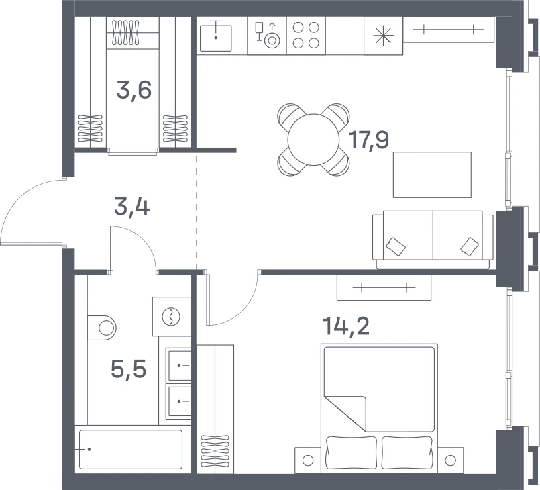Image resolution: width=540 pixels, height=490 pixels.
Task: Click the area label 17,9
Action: tap(368, 140)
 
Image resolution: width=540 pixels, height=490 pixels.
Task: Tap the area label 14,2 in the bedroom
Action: tap(346, 326)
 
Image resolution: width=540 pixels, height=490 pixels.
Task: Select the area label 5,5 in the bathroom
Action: tap(128, 369)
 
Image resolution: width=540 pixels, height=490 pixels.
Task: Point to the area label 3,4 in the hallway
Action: tap(132, 208)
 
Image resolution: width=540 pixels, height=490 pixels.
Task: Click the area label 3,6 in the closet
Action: tap(134, 90)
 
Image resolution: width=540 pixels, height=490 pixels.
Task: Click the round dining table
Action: tap(314, 140)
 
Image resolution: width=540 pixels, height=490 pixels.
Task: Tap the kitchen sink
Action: tap(216, 36)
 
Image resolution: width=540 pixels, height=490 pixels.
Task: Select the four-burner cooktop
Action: tap(306, 36)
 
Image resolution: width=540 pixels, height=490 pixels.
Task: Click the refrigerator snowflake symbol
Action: tap(383, 36)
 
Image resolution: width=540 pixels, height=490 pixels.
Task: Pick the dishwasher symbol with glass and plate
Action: tap(267, 36)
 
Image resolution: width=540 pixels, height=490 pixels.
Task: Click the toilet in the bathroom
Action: tap(102, 328)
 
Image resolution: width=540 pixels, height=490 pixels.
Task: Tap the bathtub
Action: tap(131, 449)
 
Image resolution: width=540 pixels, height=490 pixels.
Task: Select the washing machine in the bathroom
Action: tap(172, 316)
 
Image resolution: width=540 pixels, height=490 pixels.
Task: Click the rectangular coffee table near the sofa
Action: tap(432, 175)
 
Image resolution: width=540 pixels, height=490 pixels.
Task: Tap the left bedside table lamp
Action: tap(307, 460)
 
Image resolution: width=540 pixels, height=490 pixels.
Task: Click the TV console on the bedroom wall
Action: tap(384, 287)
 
